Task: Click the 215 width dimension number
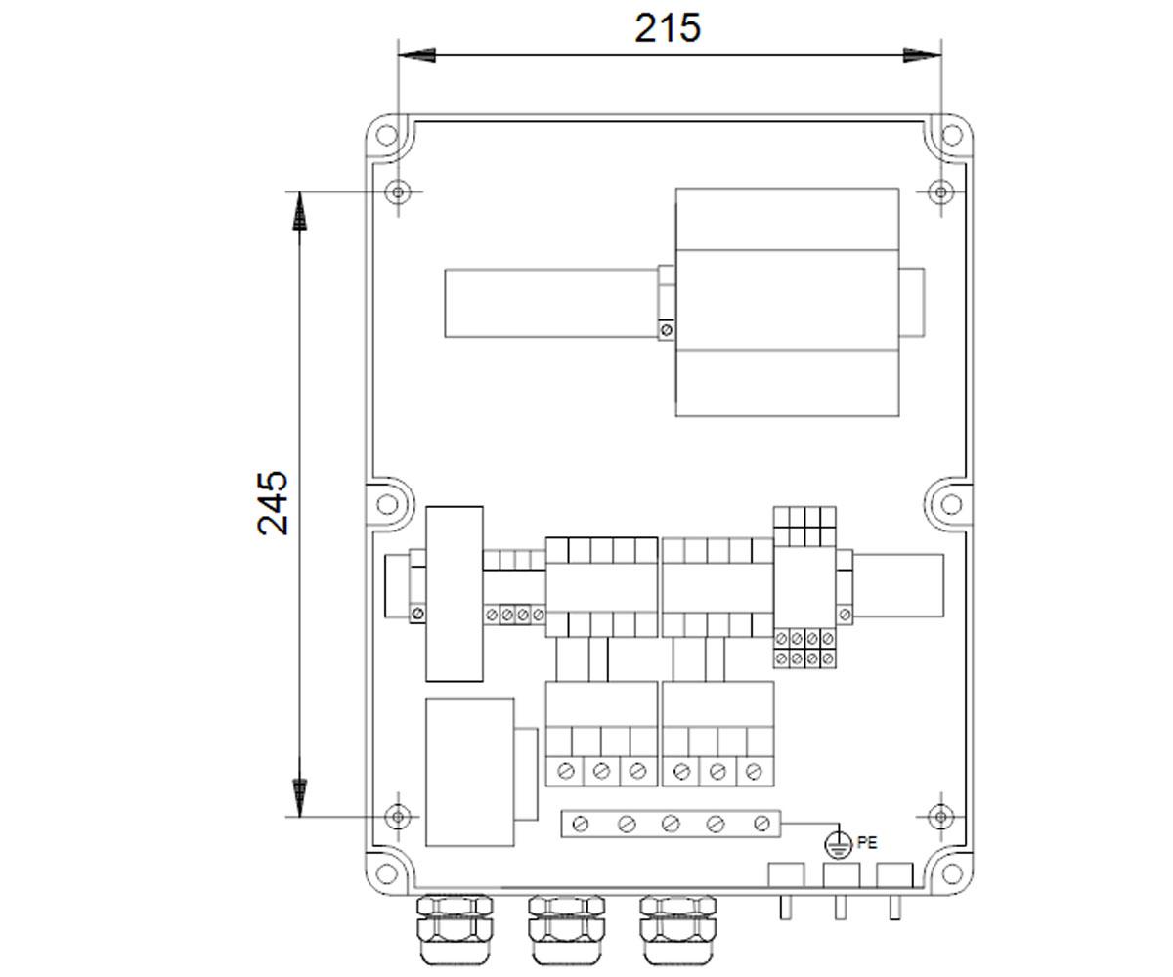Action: coord(668,28)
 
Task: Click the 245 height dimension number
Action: coord(273,503)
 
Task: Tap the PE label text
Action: coord(867,843)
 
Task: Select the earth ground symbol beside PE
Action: coord(838,845)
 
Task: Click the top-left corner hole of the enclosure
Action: coord(386,134)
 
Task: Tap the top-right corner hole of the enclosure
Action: coord(950,134)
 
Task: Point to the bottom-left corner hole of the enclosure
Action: coord(386,873)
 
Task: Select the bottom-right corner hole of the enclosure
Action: coord(950,873)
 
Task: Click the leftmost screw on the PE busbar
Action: coord(581,825)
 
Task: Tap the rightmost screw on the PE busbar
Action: coord(760,825)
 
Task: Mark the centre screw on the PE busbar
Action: coord(671,825)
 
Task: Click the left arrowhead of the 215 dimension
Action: coord(416,55)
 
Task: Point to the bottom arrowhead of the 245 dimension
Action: coord(299,798)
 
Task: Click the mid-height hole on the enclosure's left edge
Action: coord(387,504)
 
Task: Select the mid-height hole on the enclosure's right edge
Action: coord(950,504)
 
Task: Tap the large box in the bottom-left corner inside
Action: coord(470,772)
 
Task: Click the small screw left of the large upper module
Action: coord(667,329)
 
